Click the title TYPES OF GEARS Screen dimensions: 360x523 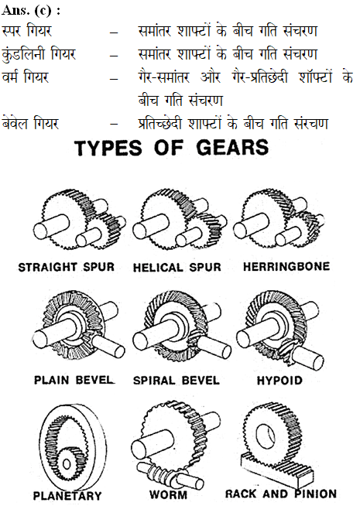tap(172, 148)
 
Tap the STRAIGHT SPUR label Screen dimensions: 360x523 tap(67, 267)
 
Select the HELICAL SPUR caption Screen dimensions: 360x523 tap(177, 268)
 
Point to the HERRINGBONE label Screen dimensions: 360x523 tap(286, 266)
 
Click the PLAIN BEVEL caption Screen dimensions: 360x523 tap(74, 380)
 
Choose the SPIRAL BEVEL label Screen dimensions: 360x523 tap(177, 381)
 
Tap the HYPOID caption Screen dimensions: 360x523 tap(279, 380)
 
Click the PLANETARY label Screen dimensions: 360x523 tap(67, 496)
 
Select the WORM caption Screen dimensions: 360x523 tap(168, 494)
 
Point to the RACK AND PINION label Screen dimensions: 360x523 tap(281, 494)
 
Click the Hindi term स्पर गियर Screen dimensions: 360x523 tap(26, 32)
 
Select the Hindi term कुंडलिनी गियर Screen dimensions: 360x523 tap(39, 54)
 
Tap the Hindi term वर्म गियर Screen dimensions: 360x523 tap(25, 77)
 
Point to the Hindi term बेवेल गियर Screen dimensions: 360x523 tap(30, 124)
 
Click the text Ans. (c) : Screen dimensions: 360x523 tap(31, 10)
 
